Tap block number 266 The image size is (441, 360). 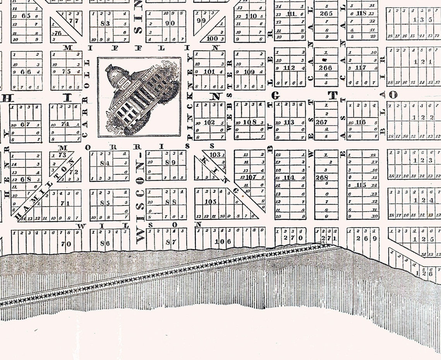coord(325,68)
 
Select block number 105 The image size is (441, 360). coord(210,201)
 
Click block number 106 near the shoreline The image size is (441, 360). coord(223,242)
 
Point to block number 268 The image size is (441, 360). coord(322,177)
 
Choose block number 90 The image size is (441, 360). coord(170,23)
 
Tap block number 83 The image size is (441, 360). coord(105,23)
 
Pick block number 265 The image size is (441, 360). coord(326,14)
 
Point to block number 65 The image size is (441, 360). coord(26,16)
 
